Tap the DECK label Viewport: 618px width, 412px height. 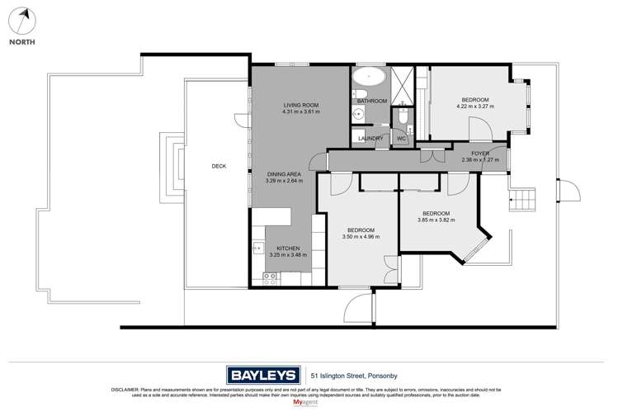point(219,166)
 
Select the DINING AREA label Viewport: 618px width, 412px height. point(285,173)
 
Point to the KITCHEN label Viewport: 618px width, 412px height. point(288,249)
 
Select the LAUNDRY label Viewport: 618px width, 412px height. point(370,139)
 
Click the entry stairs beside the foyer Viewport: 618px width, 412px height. point(521,198)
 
